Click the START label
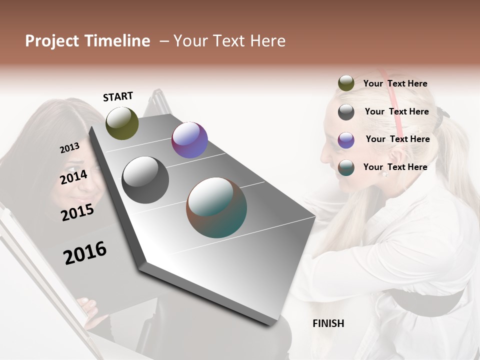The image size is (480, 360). coord(118,96)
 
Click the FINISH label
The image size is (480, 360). coord(328,323)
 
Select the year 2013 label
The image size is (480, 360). coord(69,148)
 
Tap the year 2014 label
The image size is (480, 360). coord(74,177)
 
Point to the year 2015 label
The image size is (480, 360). coord(77,212)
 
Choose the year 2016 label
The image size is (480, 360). coord(85,253)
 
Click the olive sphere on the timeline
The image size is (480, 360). coord(122,123)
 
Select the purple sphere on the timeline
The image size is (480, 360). coord(189,140)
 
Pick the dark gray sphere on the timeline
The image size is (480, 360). coord(145,180)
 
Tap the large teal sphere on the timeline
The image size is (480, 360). coord(216,207)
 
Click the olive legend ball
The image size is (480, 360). coord(346,83)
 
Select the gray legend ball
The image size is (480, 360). coord(346,112)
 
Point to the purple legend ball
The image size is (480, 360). coord(346,140)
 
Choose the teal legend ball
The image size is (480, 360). coord(346,167)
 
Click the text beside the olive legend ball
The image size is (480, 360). coord(395,83)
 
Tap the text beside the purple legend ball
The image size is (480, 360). coord(397,139)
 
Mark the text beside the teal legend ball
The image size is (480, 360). coord(395,167)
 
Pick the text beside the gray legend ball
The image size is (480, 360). coord(396,111)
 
